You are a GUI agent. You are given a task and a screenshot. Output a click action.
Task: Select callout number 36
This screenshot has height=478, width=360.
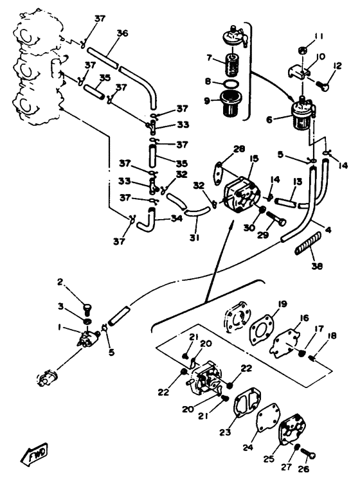pos(123,34)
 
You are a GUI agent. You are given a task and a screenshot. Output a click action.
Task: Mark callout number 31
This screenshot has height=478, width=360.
pos(195,238)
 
